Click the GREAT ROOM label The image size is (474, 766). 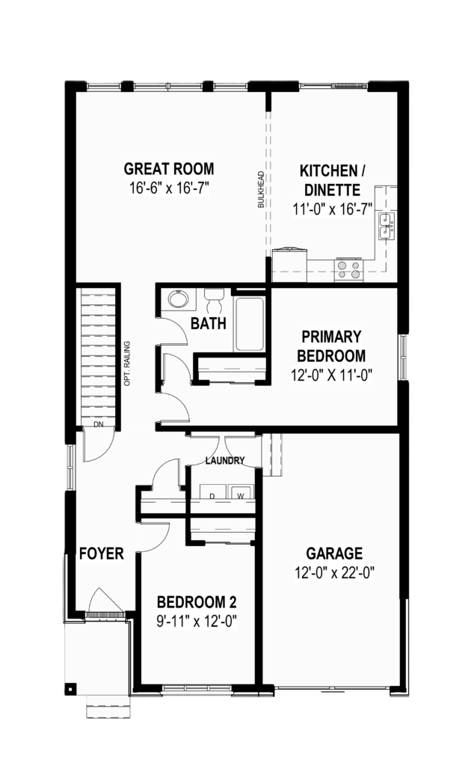(169, 169)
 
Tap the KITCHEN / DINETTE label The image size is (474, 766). (333, 180)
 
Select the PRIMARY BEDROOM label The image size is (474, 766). (331, 346)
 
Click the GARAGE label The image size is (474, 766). (334, 554)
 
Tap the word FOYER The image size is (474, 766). (102, 554)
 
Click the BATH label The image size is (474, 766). (209, 323)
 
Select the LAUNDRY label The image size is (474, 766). (224, 461)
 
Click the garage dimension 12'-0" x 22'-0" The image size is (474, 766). (334, 572)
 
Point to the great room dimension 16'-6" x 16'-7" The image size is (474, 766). (169, 188)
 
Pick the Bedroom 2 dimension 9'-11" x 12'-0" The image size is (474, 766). (196, 622)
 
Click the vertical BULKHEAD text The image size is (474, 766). (261, 189)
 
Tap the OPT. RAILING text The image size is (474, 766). (127, 364)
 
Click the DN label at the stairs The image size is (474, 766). (99, 425)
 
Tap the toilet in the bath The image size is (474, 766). (214, 299)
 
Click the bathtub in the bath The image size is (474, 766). (250, 323)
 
